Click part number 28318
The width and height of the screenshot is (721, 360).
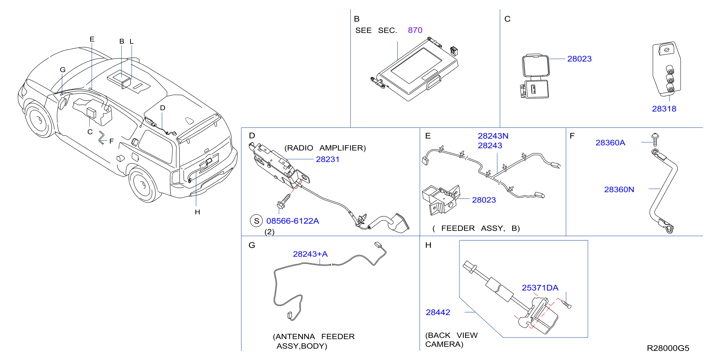[664, 109]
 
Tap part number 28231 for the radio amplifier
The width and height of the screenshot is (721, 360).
[328, 159]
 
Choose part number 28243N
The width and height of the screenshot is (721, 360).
[493, 136]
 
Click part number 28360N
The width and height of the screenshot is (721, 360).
[619, 189]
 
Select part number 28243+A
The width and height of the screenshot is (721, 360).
[310, 254]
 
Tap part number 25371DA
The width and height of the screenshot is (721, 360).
[540, 287]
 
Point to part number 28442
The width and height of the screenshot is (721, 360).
[438, 312]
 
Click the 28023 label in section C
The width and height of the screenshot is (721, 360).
[579, 59]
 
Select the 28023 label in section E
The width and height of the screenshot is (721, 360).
[484, 200]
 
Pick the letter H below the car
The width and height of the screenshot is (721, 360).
[197, 212]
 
